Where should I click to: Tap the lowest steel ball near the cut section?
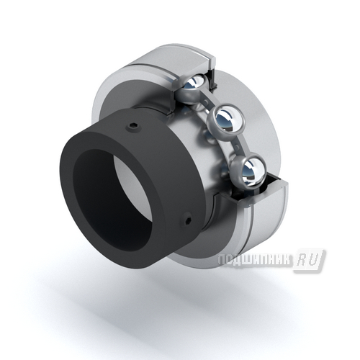(x=251, y=171)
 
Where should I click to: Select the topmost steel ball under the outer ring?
(x=196, y=84)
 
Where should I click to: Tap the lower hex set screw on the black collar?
(x=188, y=219)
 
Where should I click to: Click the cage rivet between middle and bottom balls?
(x=237, y=145)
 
